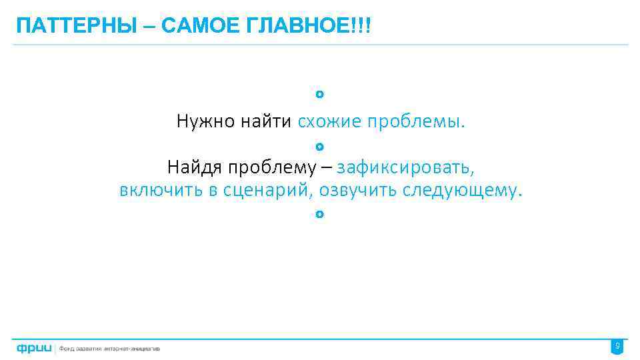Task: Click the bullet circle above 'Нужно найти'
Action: pos(320,95)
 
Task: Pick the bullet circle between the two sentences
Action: pos(320,145)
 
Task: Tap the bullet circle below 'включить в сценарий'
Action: pos(320,214)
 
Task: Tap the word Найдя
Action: pos(193,166)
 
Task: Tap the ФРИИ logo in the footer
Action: pos(34,348)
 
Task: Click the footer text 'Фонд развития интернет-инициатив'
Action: pos(111,348)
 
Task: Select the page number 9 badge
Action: pos(617,347)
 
